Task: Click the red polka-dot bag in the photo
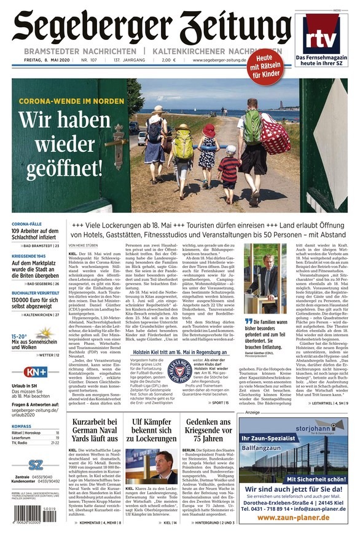point(274,134)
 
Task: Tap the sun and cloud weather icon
point(45,334)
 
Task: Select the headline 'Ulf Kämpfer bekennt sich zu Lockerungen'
point(151,430)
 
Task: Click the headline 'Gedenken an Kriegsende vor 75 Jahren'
point(209,430)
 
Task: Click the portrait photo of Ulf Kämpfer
point(151,464)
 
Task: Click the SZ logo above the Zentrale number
point(36,465)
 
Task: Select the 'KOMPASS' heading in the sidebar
point(22,426)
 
